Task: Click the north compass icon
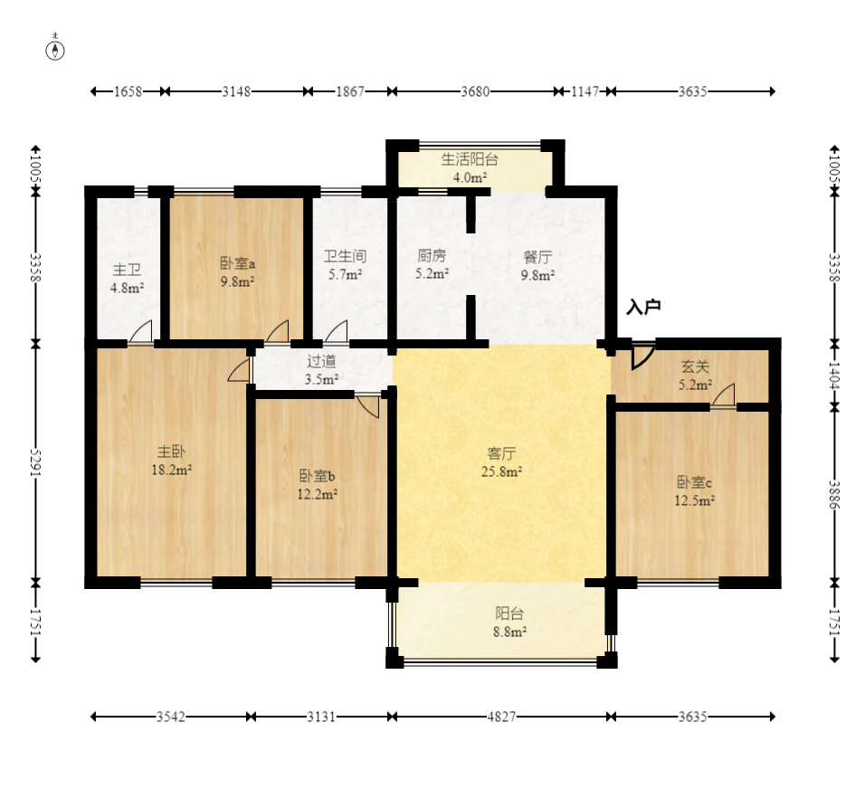point(54,50)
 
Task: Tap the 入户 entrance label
point(643,307)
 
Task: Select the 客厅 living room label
point(501,453)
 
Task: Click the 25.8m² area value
point(501,471)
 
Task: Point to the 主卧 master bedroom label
point(171,452)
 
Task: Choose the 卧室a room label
point(237,263)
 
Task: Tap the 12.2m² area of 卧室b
point(318,494)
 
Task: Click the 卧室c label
point(694,482)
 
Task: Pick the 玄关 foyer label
point(695,366)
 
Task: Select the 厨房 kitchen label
point(432,255)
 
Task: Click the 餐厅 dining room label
point(537,256)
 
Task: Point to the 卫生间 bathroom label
point(345,256)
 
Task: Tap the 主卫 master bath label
point(127,270)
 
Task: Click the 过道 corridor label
point(321,361)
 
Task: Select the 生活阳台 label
point(470,159)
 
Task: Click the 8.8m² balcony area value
point(509,632)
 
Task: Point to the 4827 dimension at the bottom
point(501,717)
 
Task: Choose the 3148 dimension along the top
point(236,91)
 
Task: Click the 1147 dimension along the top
point(585,91)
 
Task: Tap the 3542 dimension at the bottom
point(170,717)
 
